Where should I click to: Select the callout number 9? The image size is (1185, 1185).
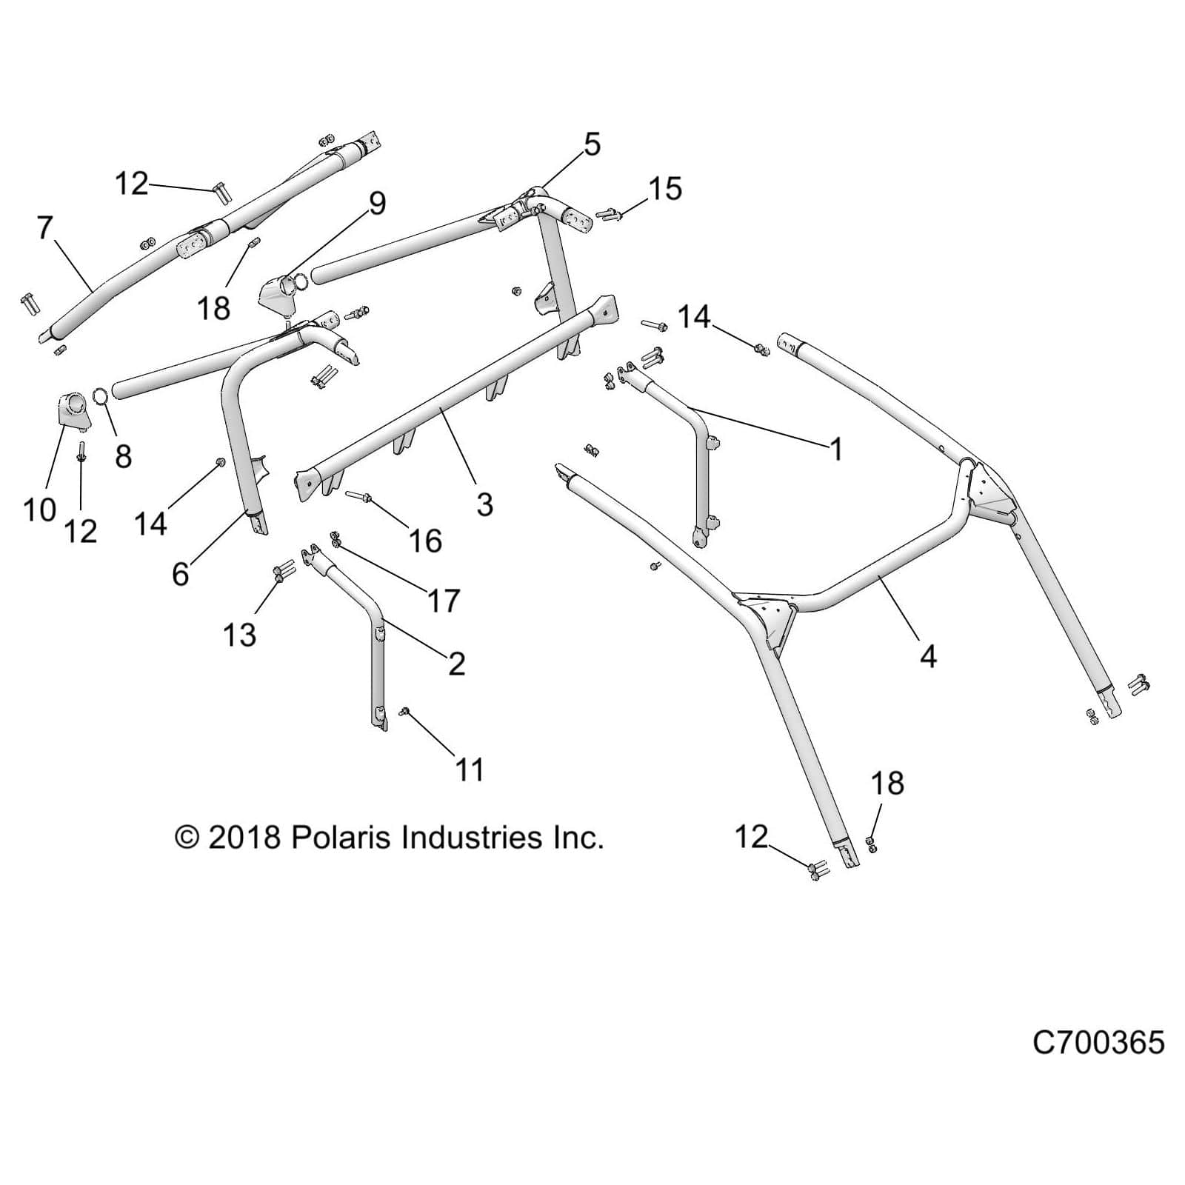pos(377,203)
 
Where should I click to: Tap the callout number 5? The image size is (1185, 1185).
pos(592,144)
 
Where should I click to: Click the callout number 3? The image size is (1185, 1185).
pos(484,505)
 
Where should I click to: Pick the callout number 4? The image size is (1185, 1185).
pos(927,656)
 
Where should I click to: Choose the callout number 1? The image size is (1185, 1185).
pos(836,449)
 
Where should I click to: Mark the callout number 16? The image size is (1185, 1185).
pos(425,541)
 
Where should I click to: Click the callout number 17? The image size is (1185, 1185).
pos(443,601)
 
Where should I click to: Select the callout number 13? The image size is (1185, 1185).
pos(239,635)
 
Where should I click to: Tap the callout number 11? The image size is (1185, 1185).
pos(469,770)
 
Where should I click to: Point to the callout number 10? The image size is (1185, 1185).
pos(39,510)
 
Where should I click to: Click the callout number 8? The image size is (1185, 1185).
pos(124,456)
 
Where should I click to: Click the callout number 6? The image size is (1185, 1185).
pos(180,573)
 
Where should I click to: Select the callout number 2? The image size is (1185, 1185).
pos(456,664)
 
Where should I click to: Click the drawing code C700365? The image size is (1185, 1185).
pos(1098,1043)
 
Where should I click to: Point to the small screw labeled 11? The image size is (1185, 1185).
pos(406,712)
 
